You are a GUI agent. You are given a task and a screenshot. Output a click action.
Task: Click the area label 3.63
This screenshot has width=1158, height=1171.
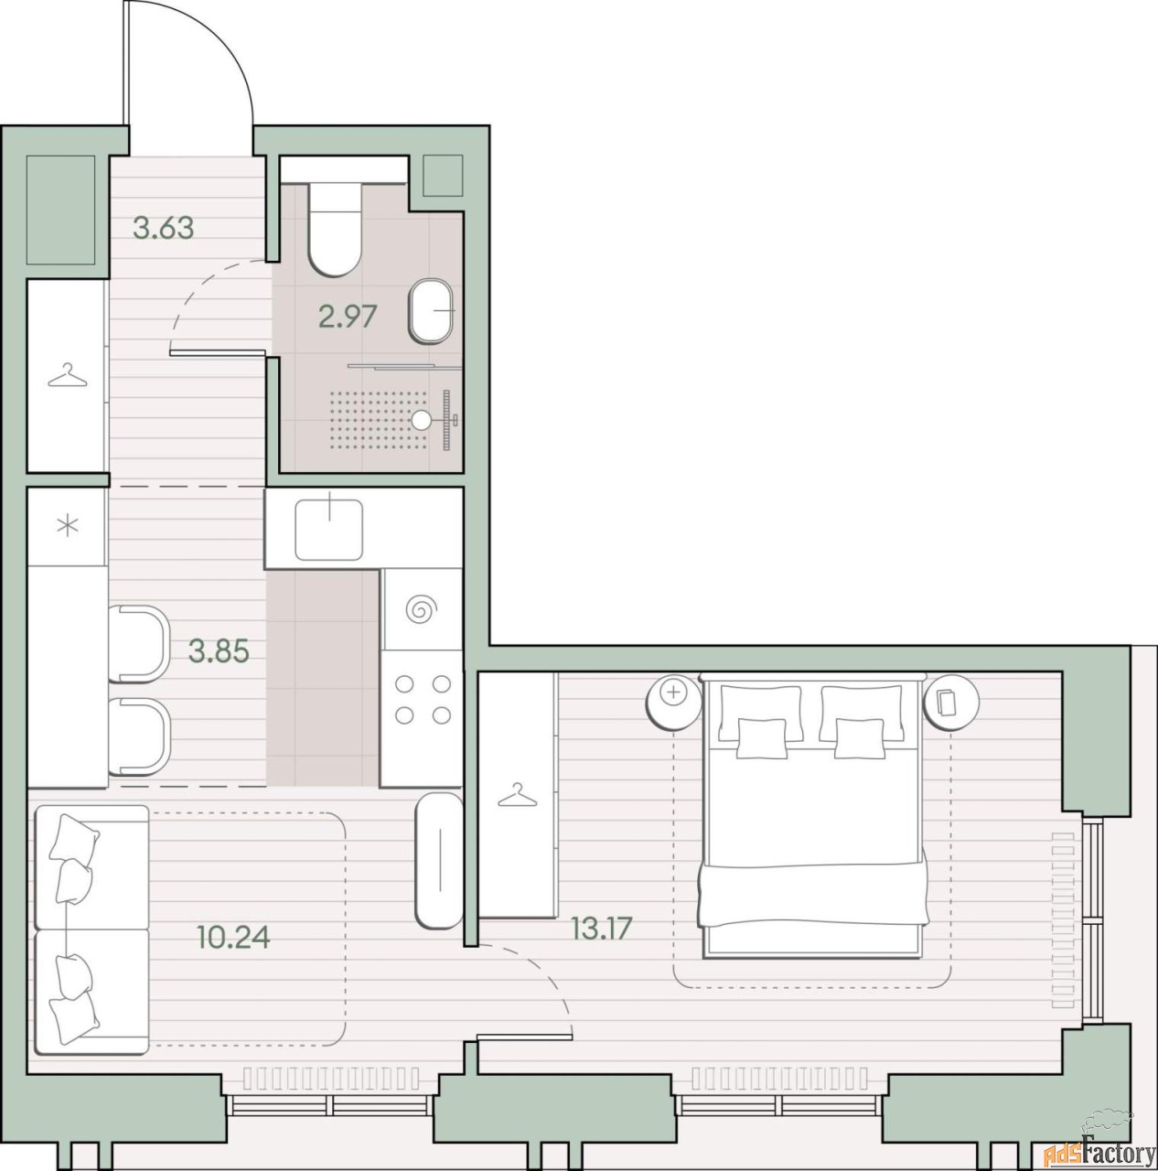[163, 229]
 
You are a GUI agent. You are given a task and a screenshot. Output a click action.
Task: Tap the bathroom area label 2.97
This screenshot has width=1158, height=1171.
[348, 317]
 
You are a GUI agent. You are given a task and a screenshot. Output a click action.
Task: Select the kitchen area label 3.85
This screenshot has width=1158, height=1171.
[219, 652]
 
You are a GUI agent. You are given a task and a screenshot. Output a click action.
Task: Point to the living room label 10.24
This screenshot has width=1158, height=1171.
[233, 937]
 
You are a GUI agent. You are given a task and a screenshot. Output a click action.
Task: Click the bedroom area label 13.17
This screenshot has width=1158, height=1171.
[602, 929]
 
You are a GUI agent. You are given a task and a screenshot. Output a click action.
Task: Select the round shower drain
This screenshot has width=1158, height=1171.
[421, 419]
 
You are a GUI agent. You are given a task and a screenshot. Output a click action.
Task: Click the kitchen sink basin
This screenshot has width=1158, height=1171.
[329, 530]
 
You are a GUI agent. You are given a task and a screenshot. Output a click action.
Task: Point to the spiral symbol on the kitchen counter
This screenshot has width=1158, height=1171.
[420, 609]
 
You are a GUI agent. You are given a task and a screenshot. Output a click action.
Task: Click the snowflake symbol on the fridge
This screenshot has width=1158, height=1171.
[68, 526]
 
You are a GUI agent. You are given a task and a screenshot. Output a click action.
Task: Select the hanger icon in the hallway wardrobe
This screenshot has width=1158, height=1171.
[68, 376]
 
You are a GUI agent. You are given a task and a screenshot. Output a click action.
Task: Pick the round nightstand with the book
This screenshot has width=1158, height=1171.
[951, 702]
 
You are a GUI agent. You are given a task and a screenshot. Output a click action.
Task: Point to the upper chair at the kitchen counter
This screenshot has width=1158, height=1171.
[140, 644]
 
